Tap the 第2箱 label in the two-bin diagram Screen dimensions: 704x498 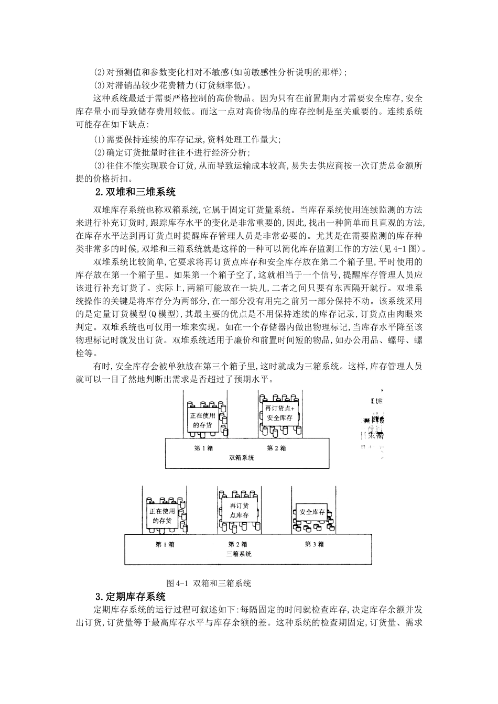276,448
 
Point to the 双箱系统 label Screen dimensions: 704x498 242,458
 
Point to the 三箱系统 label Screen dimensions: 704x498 239,554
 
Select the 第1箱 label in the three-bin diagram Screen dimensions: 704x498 165,544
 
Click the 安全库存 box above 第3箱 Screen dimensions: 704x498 311,512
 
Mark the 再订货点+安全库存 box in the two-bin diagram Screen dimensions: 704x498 280,413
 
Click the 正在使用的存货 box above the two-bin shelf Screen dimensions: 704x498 202,420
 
